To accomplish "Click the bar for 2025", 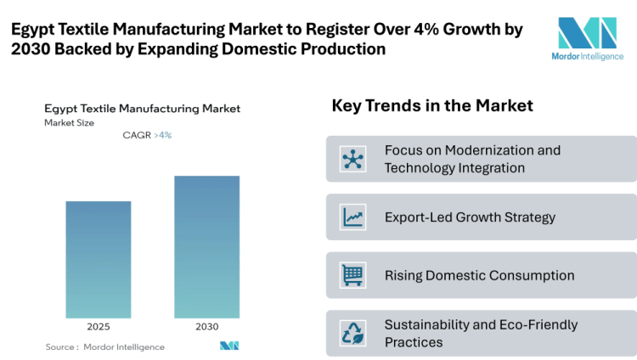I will tap(99, 259).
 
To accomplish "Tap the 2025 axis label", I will tap(99, 327).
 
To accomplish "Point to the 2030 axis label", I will tap(206, 327).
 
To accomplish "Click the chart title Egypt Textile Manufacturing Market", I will tap(143, 109).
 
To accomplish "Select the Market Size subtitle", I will tap(70, 123).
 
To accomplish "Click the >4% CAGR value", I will tap(163, 135).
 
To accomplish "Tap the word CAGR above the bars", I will tap(137, 135).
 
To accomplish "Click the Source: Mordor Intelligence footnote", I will tap(105, 346).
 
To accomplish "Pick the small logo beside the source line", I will tap(229, 346).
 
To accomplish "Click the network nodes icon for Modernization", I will tap(352, 159).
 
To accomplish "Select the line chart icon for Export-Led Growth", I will tap(352, 217).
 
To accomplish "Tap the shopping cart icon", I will tap(352, 275).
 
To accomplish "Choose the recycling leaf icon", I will tap(352, 333).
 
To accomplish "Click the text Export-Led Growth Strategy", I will tap(470, 217).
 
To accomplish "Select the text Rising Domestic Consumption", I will tap(479, 275).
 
